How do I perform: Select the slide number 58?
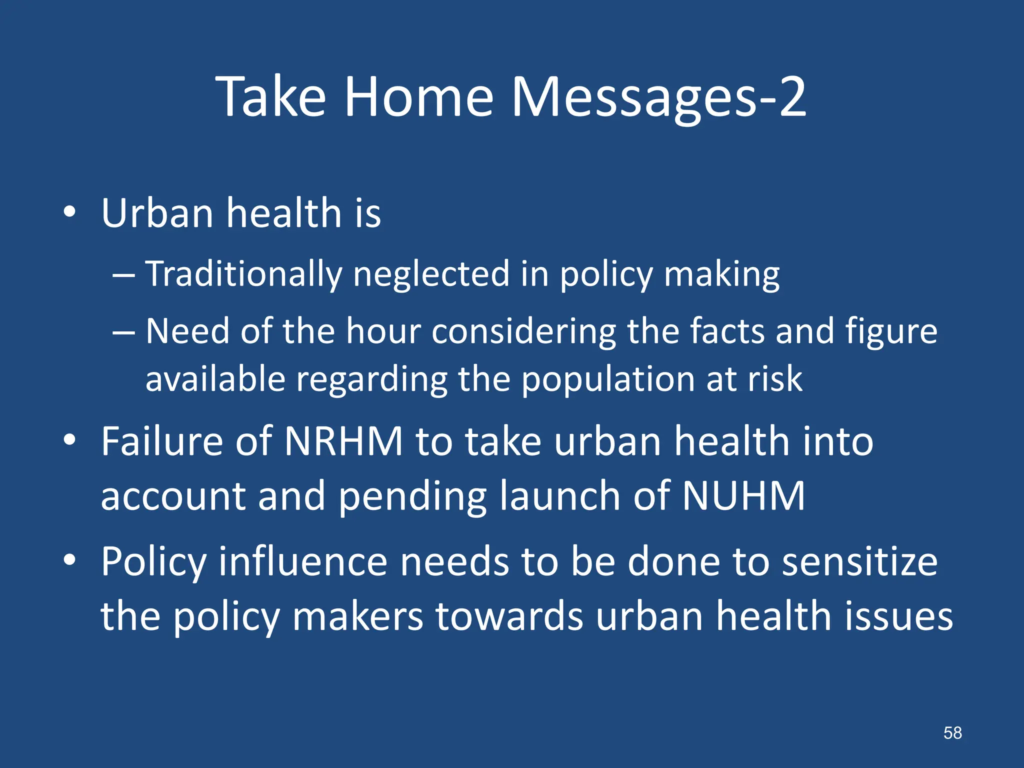[x=952, y=733]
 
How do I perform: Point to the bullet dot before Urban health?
[x=69, y=212]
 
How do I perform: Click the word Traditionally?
[x=243, y=275]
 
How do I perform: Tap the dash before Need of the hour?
[x=123, y=332]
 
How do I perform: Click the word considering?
[x=523, y=332]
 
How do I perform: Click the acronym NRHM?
[x=343, y=441]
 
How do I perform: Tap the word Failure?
[x=161, y=441]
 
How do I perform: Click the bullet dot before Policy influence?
[x=69, y=560]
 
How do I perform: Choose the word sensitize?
[x=859, y=562]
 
